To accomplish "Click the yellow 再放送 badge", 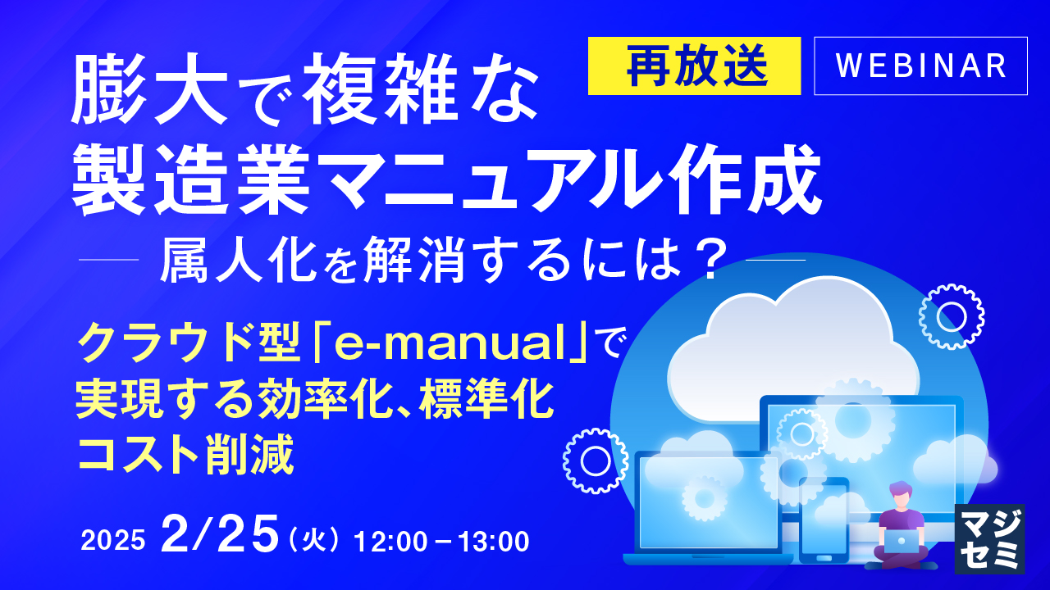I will click(694, 66).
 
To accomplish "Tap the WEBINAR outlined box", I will click(920, 66).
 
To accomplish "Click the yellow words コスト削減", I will click(185, 455).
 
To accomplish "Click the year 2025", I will click(113, 540).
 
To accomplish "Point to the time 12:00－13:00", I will click(441, 541).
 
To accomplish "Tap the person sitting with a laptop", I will click(900, 526).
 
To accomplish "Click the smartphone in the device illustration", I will click(824, 519).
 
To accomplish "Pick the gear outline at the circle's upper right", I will click(952, 316).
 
